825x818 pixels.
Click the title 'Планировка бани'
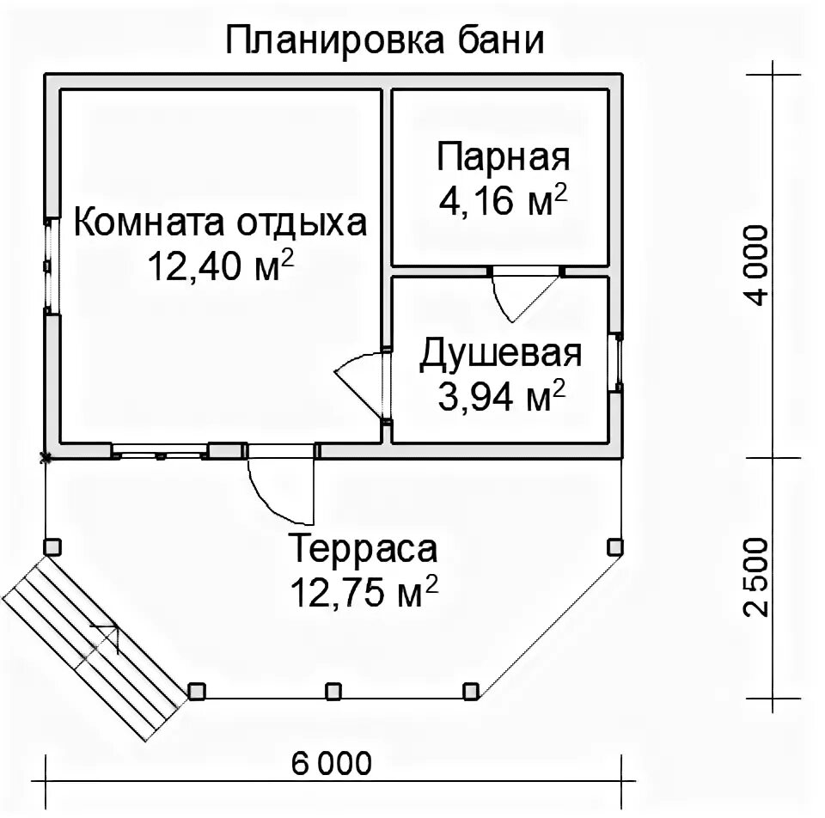[x=385, y=41]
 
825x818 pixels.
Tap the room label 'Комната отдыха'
[x=220, y=223]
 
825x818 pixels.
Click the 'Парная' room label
[x=504, y=158]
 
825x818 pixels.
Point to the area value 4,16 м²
[x=504, y=201]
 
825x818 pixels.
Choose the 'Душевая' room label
[x=501, y=354]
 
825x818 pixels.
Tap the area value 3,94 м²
[x=501, y=397]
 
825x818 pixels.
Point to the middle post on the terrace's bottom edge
[x=333, y=691]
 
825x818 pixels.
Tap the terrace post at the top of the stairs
[x=52, y=546]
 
